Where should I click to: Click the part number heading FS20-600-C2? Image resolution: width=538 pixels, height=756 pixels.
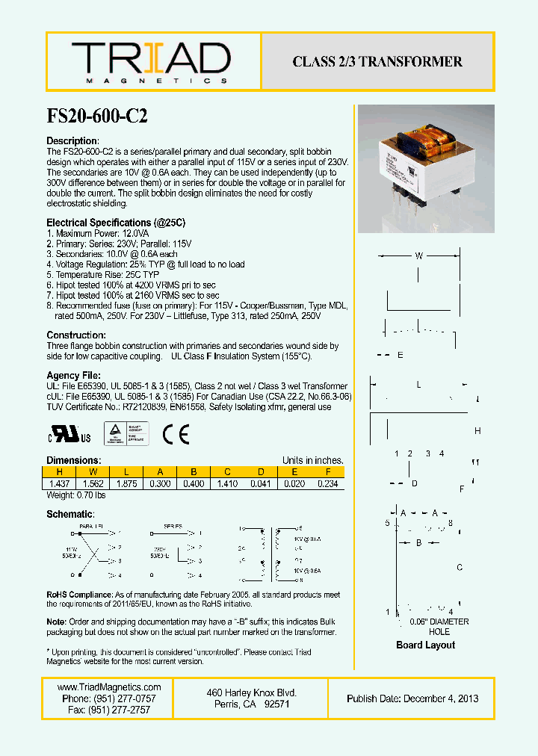[97, 116]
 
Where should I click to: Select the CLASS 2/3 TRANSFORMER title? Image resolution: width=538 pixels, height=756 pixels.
[377, 62]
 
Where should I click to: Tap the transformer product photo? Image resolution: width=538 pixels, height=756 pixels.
[426, 169]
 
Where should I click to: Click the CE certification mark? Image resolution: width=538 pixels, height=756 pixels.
[176, 434]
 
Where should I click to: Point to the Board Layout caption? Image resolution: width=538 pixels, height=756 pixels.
[425, 645]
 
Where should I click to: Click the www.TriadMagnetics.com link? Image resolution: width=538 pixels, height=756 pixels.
[109, 687]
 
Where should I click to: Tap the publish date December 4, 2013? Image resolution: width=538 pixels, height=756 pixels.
[412, 698]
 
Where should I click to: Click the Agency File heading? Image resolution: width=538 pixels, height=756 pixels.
[73, 375]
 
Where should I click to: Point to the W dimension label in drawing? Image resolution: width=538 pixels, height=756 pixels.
[419, 256]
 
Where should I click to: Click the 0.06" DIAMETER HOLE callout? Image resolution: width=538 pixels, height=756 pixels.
[439, 627]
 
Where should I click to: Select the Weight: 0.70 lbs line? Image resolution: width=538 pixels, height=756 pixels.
[76, 495]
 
